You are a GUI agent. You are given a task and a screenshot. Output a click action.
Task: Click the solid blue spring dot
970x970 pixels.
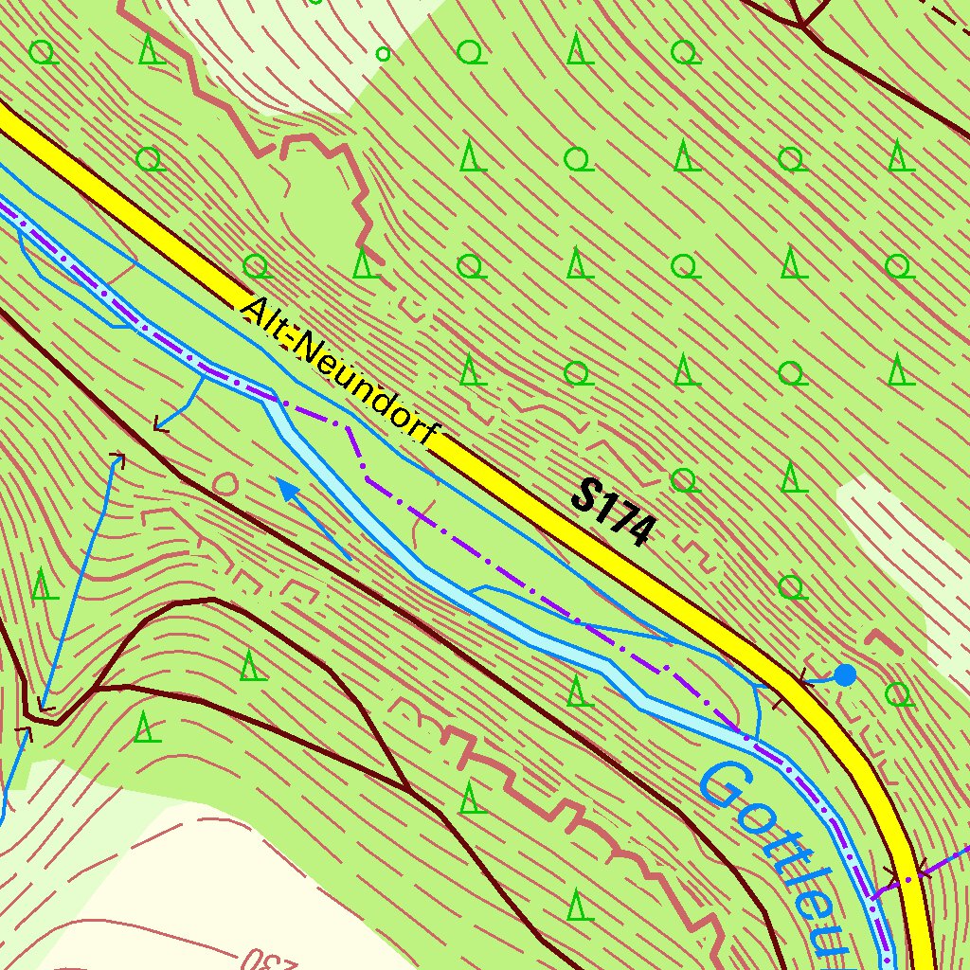845,674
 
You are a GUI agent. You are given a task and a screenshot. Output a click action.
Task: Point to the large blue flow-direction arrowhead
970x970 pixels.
285,487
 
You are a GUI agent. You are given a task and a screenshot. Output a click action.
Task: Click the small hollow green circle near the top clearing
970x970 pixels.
383,54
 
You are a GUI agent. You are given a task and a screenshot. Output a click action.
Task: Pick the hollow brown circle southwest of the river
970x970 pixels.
225,484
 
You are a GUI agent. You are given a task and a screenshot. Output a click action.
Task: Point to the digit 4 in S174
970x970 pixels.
638,530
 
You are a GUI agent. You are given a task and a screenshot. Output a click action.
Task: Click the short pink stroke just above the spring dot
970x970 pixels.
882,640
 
